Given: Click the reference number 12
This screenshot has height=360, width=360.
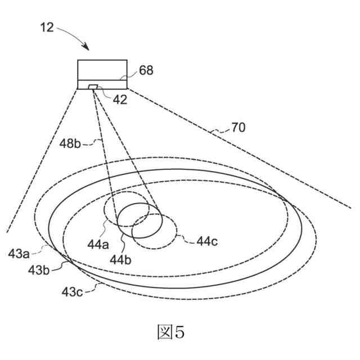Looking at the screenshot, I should pyautogui.click(x=48, y=26).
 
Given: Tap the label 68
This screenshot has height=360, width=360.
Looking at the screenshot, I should pyautogui.click(x=146, y=70).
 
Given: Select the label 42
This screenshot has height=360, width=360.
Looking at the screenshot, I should pyautogui.click(x=120, y=101).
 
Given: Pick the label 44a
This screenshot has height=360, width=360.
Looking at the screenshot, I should pyautogui.click(x=96, y=245).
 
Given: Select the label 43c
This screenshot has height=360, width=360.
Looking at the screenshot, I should pyautogui.click(x=73, y=291).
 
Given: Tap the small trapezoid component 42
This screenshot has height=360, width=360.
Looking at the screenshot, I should pyautogui.click(x=93, y=86).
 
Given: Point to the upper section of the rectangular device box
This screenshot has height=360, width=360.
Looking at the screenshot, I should pyautogui.click(x=102, y=69).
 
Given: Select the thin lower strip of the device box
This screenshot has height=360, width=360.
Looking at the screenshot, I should pyautogui.click(x=112, y=84).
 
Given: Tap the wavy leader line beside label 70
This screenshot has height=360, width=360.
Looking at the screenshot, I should pyautogui.click(x=219, y=132).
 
